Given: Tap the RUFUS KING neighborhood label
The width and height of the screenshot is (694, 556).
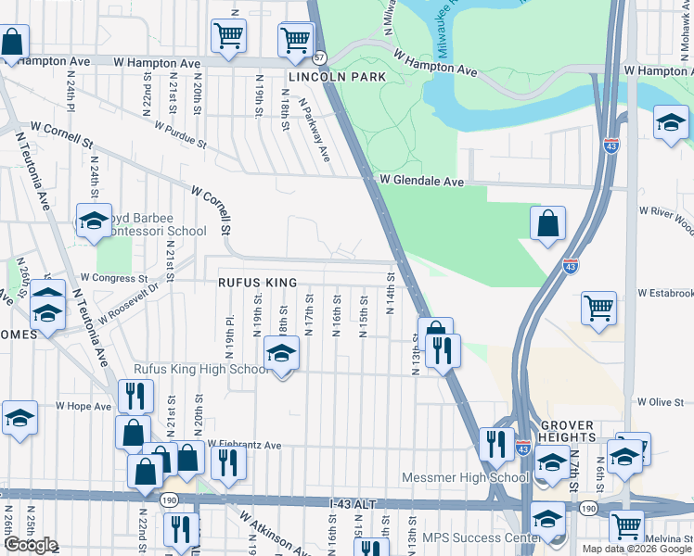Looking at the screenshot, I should point(258,282).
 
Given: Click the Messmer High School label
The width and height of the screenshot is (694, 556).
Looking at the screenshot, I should point(465,478).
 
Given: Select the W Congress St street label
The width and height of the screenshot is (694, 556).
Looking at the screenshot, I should point(114,277).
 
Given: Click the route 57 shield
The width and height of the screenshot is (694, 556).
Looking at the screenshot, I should point(320,57).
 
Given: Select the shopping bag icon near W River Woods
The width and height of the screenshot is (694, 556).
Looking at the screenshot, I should point(548,222).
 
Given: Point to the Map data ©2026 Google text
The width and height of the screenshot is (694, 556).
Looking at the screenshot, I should point(637,549).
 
